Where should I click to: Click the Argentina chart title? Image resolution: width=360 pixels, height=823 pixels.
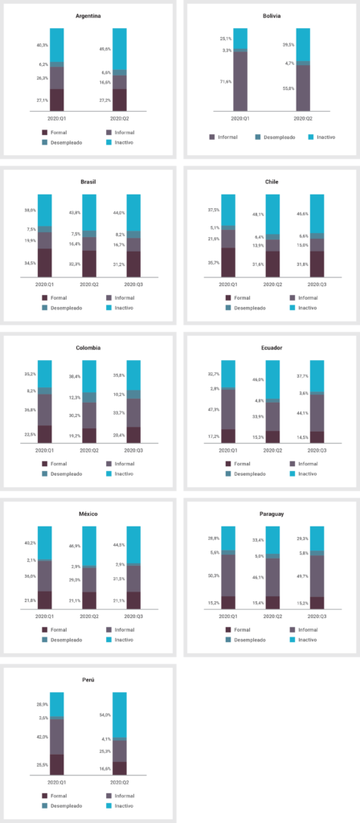(88, 15)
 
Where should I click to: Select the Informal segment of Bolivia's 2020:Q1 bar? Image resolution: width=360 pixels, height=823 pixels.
(240, 80)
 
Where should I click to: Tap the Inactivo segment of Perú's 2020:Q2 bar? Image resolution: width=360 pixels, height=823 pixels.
(119, 714)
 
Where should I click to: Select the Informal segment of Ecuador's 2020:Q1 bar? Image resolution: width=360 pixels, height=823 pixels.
(228, 409)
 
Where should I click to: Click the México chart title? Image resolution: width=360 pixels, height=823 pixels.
(88, 514)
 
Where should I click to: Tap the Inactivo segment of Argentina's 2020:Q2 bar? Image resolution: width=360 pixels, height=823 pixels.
(119, 48)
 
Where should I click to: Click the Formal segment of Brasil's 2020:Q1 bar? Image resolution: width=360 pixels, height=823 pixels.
(44, 263)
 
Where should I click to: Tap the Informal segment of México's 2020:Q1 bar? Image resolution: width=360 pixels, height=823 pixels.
(44, 575)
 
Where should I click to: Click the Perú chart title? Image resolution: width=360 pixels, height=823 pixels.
(88, 679)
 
